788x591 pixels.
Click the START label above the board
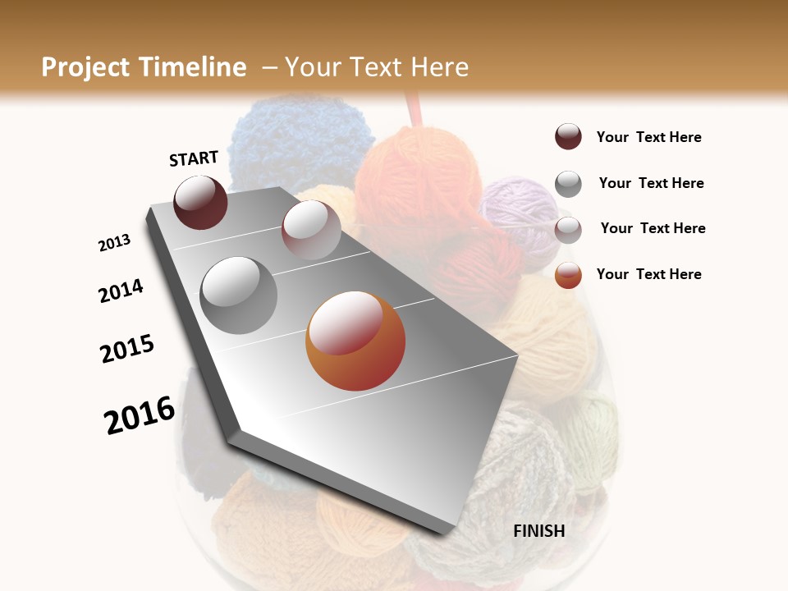pos(194,158)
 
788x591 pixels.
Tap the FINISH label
pos(538,531)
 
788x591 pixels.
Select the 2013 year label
pos(114,243)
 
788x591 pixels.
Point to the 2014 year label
pos(121,291)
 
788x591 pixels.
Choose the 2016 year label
pos(140,415)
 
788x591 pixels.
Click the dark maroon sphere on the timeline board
pos(200,202)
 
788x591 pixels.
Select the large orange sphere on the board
pos(355,341)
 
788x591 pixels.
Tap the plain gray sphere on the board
pos(239,295)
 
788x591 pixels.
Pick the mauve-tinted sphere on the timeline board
pos(311,230)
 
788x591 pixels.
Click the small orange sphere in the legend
pos(568,275)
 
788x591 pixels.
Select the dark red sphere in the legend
pos(568,136)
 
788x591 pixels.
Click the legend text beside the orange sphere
pos(648,274)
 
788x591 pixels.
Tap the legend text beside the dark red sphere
pos(648,137)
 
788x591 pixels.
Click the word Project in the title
pos(84,67)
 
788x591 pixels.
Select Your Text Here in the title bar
pos(376,66)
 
